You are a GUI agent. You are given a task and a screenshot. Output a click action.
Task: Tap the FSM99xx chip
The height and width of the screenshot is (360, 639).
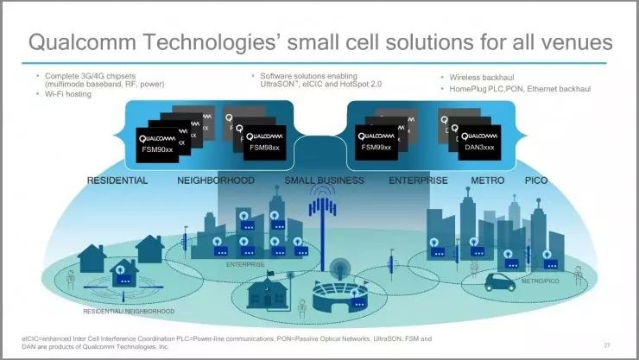pos(377,141)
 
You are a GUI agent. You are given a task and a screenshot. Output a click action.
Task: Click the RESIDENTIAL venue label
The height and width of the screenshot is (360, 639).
pos(117,180)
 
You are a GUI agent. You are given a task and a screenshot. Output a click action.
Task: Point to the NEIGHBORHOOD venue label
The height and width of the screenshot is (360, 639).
pos(216,180)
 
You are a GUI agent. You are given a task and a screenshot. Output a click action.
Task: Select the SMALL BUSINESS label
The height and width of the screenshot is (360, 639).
pos(324,180)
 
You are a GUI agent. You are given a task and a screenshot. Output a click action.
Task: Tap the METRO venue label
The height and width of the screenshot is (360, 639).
pos(488,180)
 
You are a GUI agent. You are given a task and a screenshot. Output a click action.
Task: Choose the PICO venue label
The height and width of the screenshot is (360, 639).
pos(536,180)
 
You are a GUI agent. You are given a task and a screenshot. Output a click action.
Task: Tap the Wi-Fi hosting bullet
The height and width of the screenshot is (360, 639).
pos(72,94)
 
